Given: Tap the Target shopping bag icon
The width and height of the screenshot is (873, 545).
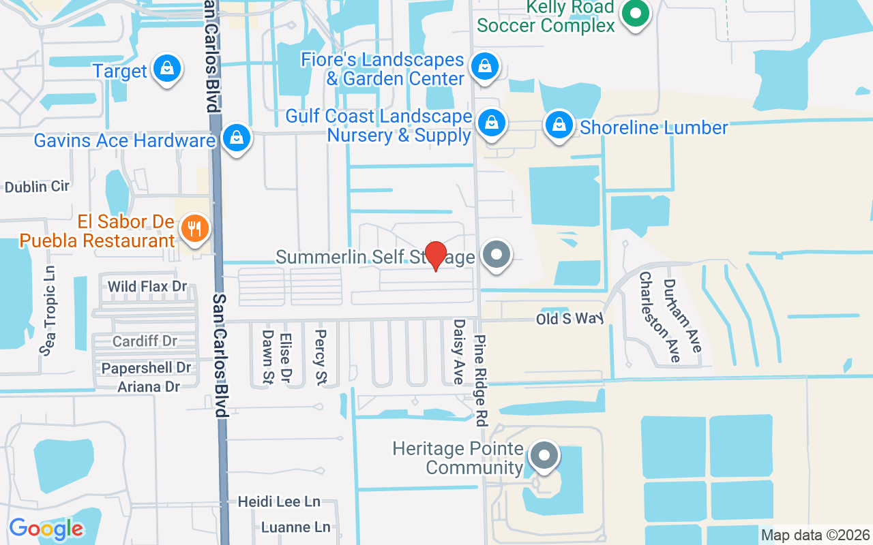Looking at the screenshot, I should click(x=166, y=69).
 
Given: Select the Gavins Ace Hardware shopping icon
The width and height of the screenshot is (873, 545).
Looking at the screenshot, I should click(x=236, y=138).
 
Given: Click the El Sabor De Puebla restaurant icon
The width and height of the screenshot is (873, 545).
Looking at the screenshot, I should click(x=195, y=228).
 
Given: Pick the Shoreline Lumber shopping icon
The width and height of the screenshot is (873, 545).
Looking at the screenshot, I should click(x=559, y=125).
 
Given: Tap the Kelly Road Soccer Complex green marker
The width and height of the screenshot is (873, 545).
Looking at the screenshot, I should click(x=636, y=13).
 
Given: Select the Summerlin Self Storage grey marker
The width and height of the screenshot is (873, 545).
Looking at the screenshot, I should click(x=497, y=255).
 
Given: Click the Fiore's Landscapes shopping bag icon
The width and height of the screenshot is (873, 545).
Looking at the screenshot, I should click(x=484, y=67).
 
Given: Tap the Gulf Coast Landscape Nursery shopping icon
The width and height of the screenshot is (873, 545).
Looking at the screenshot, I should click(x=490, y=124).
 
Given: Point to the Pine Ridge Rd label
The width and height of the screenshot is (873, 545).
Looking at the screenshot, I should click(x=482, y=380).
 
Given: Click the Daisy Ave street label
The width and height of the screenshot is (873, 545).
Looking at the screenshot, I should click(x=459, y=352).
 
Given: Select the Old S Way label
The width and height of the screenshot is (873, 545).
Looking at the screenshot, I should click(x=570, y=318).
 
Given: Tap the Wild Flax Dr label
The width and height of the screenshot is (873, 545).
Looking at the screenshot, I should click(x=147, y=286).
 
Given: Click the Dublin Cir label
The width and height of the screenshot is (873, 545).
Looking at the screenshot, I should click(x=37, y=186).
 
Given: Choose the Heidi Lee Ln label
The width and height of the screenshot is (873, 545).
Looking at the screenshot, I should click(x=279, y=502).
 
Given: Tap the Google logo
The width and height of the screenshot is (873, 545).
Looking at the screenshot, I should click(x=46, y=529).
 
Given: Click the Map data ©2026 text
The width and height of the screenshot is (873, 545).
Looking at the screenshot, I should click(x=816, y=535).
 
